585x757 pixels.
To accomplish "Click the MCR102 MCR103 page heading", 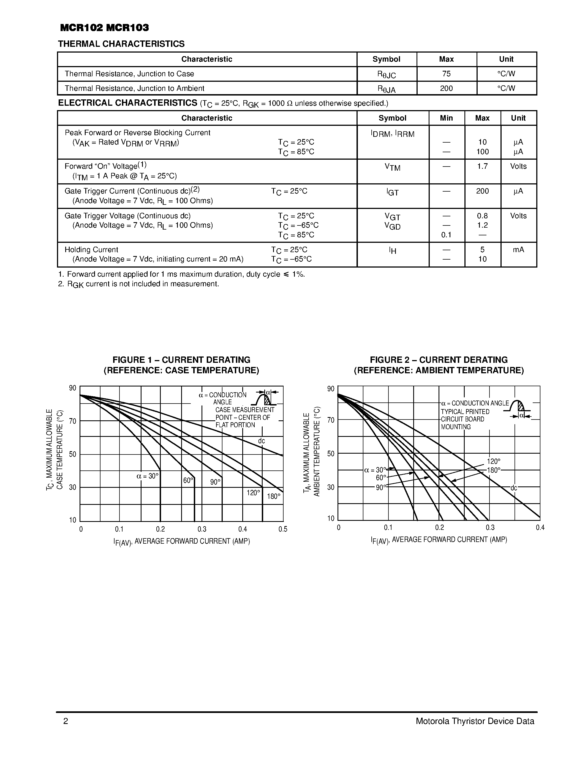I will [104, 28].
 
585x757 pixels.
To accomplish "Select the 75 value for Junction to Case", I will [446, 74].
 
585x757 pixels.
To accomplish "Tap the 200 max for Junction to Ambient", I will [446, 88].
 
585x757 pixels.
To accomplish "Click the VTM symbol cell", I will [392, 167].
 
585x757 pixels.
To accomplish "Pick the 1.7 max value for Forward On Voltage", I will [482, 166].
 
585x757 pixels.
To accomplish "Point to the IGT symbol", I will [392, 192].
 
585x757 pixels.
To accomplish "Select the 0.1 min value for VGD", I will [446, 235].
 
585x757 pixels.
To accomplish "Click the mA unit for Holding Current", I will [518, 250].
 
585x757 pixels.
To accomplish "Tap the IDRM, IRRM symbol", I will [392, 134].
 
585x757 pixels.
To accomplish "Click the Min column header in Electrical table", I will [446, 118].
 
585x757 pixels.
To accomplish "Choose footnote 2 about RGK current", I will [139, 284].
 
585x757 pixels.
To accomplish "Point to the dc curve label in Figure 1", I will [261, 441].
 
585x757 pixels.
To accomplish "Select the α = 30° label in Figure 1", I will [148, 476].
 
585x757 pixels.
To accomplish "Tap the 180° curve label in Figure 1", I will [273, 496].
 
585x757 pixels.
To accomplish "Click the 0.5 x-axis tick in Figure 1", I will [283, 529].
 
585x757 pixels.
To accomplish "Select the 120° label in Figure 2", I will [494, 461].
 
